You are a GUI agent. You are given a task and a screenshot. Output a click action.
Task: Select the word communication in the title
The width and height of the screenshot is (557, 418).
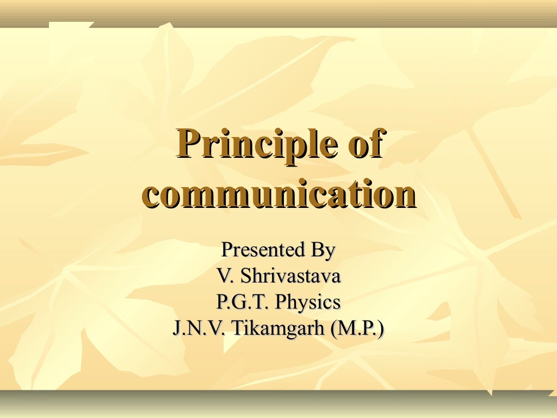coord(278,194)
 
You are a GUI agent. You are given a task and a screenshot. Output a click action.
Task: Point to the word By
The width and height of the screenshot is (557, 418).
coord(323,251)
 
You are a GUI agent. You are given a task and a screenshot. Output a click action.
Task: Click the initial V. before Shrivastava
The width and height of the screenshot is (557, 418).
coord(225,276)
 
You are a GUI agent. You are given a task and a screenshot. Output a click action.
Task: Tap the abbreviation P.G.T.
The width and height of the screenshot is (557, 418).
coord(242,302)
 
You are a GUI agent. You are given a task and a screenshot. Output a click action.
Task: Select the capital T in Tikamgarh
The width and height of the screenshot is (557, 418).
coord(237,328)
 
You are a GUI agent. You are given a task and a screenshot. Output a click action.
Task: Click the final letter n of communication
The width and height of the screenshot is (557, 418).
coord(404,196)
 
